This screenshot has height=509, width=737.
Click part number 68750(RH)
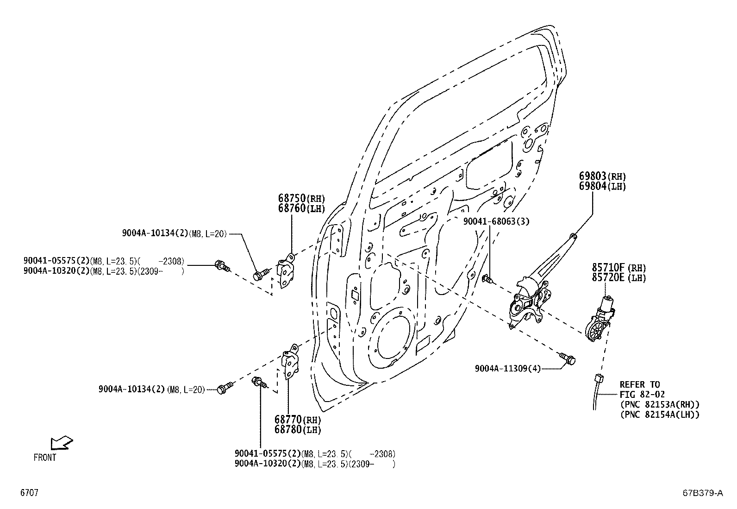click(301, 199)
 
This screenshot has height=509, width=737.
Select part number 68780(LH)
click(297, 430)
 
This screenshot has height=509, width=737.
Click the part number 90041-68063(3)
click(496, 222)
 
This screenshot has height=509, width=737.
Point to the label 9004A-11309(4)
click(507, 369)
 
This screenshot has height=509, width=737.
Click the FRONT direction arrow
click(61, 443)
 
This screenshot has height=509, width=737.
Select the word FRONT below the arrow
click(45, 458)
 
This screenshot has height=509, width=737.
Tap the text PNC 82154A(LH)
click(660, 415)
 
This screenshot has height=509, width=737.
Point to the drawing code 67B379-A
click(702, 493)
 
